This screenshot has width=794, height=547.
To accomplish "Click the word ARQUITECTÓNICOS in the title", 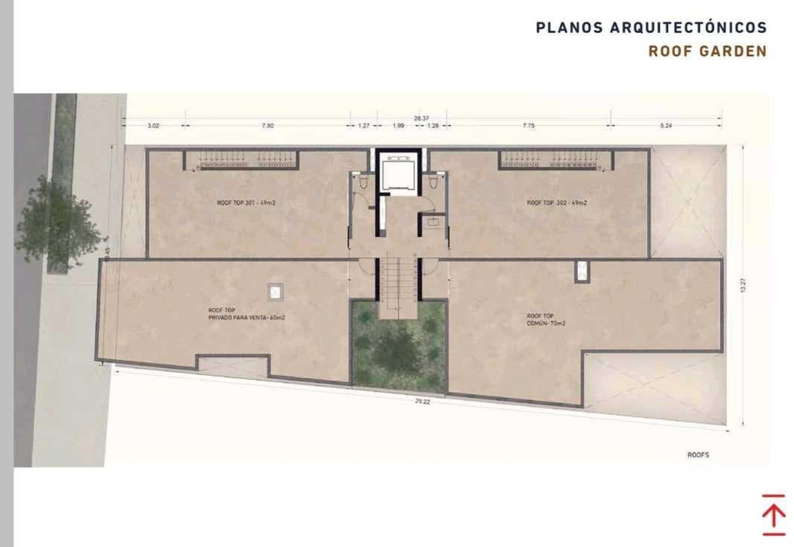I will coord(688,28).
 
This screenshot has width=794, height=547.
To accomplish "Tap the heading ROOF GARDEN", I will coord(707,51).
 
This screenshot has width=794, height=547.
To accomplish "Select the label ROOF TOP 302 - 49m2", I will coord(556,203).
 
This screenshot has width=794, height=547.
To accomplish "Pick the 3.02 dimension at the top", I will coord(153,126).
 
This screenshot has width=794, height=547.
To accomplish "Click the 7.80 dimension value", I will coord(268,126).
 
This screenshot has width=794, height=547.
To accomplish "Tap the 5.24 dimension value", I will coord(666,126).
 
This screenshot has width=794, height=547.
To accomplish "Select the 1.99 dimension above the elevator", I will coord(398,126).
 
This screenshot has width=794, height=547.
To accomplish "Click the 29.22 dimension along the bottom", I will coord(422,402).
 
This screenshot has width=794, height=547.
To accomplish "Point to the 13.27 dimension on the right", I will coord(741,286).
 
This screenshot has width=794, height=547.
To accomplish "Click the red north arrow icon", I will coord(773,514).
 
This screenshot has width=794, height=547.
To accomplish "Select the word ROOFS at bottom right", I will coord(698,454).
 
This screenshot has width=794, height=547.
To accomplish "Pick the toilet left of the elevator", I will coord(362,183).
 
